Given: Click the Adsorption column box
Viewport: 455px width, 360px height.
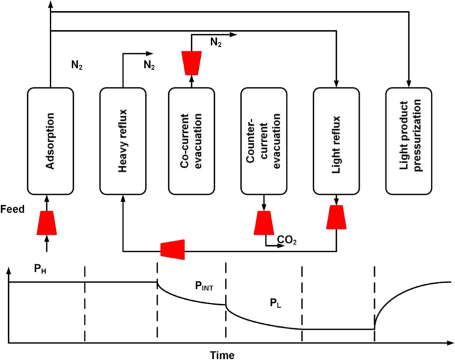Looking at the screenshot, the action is click(x=50, y=141).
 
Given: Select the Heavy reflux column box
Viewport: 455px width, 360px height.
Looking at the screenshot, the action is click(x=123, y=141).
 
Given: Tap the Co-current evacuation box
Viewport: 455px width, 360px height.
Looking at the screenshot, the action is click(x=191, y=141).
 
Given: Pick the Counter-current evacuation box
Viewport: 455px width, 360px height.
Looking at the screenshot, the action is click(x=264, y=141).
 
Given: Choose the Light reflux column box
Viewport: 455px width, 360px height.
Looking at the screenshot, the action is click(x=336, y=141).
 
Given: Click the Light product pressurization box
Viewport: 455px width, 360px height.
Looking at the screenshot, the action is click(x=409, y=141).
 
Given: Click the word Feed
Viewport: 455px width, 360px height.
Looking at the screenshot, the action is click(x=13, y=209).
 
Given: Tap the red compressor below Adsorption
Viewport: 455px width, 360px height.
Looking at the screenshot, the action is click(x=47, y=223).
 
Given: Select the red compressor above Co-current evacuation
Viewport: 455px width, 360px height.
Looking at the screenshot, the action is click(x=191, y=63).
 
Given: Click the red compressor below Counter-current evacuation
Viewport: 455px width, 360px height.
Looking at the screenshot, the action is click(x=264, y=223).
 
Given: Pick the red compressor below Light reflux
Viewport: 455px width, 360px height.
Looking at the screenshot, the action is click(x=336, y=217).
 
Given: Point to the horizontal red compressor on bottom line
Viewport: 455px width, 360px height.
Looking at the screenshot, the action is click(x=173, y=250).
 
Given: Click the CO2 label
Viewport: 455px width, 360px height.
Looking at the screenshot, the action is click(x=287, y=240).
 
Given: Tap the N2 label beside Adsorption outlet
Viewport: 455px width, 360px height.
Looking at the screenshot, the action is click(x=77, y=65).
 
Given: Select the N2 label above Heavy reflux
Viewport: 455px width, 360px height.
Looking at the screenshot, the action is click(x=149, y=65).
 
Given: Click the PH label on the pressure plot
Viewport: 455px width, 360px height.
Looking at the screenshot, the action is click(x=40, y=269).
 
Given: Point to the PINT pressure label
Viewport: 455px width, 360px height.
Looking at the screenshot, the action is click(x=204, y=286).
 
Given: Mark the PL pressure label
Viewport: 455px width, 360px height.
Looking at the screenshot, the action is click(x=275, y=303).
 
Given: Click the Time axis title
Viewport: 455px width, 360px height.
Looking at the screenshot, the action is click(x=222, y=355).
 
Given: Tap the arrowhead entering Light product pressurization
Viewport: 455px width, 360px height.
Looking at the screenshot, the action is click(x=409, y=84).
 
